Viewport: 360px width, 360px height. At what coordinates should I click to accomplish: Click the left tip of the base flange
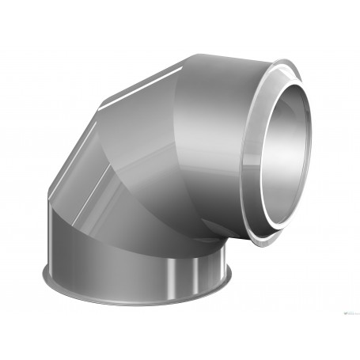44,277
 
